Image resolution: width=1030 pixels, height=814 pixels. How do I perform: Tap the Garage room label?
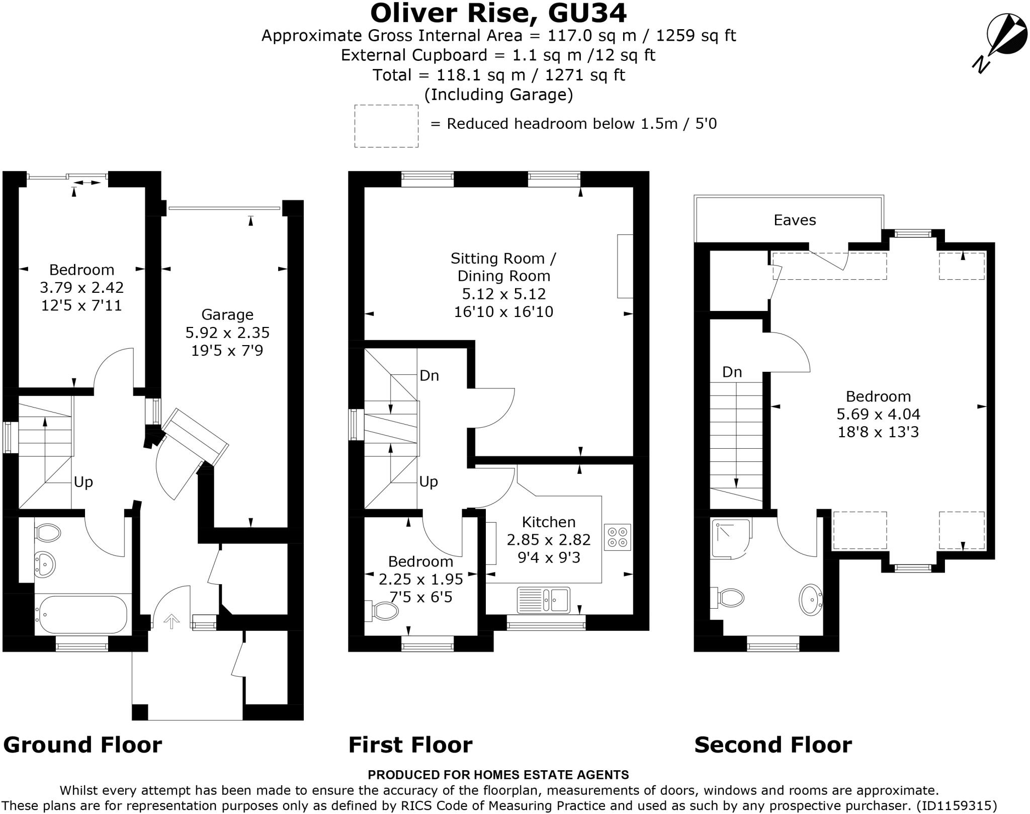coord(227,315)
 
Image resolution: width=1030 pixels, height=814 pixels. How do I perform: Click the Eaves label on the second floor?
coord(795,220)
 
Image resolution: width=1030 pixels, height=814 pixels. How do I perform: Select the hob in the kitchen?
coord(617,537)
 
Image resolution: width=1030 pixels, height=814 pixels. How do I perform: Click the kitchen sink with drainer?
coord(544,600)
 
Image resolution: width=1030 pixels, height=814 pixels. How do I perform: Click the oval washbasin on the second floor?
coord(810,599)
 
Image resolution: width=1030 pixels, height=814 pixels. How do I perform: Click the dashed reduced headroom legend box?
coord(386,126)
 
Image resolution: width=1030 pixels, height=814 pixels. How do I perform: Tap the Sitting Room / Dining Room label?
coord(503,267)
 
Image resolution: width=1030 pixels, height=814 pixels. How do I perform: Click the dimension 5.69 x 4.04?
coord(878,414)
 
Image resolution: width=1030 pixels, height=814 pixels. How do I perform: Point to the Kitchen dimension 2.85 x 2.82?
coord(548,540)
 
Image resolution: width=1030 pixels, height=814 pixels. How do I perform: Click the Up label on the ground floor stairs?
coord(83,482)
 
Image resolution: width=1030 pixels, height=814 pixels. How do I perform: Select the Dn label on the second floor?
coord(732,372)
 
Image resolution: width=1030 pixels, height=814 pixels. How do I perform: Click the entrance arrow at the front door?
coord(172,621)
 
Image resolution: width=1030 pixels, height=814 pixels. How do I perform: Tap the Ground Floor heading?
coord(82,745)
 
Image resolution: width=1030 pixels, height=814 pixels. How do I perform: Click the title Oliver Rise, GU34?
coord(498,13)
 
